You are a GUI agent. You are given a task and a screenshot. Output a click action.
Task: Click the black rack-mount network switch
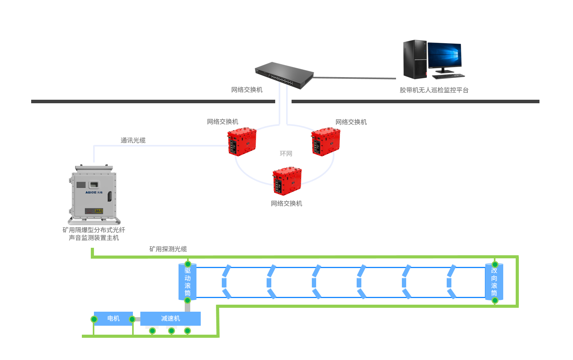tap(285, 75)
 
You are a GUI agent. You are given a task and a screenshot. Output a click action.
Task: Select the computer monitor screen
tap(444, 55)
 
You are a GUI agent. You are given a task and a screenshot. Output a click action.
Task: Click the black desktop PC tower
tap(415, 59)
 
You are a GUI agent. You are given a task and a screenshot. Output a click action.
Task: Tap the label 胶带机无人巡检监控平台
tap(434, 90)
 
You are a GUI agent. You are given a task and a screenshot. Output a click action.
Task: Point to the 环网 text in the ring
tap(286, 154)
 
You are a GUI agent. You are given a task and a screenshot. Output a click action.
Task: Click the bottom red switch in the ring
tap(287, 181)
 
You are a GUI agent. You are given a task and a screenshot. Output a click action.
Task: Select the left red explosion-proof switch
tap(242, 142)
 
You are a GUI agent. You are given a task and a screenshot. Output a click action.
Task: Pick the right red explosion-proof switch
tap(325, 142)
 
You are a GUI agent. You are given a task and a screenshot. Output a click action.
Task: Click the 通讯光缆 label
tap(133, 140)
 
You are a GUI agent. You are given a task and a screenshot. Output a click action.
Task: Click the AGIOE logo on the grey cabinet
tap(94, 192)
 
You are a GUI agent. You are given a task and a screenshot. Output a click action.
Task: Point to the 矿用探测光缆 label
tap(168, 249)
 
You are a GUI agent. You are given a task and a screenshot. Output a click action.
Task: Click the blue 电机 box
tap(113, 318)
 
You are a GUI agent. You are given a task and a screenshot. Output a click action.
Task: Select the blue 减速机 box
tap(170, 318)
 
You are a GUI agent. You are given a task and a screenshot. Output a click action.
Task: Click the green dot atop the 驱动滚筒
tap(187, 264)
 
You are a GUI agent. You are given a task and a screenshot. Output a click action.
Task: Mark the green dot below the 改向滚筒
tap(495, 300)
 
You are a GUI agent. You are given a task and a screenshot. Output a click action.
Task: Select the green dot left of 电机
tap(94, 319)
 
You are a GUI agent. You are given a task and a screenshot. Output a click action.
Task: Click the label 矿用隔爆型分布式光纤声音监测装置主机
tap(94, 234)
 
